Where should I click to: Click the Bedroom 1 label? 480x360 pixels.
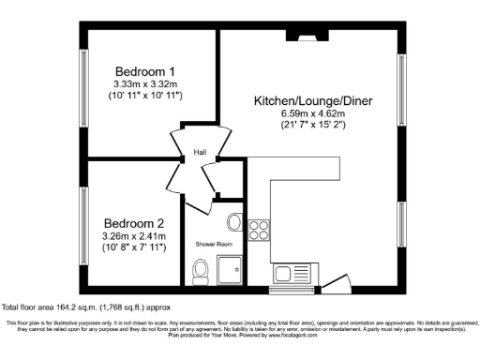145,71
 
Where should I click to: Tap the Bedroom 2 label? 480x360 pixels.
134,222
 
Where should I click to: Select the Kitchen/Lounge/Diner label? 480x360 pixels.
307,99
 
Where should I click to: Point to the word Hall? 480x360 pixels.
200,153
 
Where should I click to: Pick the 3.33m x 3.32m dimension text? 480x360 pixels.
145,83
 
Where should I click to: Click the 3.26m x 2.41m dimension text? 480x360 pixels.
134,235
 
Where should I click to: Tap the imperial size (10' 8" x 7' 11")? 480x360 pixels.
134,247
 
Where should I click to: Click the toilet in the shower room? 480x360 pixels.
198,272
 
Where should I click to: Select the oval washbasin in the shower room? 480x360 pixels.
234,223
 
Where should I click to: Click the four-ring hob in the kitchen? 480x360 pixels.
259,230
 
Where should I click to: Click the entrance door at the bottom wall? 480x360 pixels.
330,281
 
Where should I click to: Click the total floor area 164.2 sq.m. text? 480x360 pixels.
86,307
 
